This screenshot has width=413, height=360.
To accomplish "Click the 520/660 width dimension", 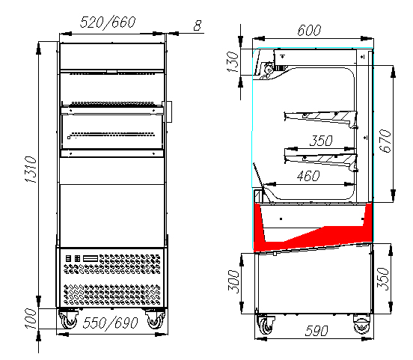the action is (108, 22).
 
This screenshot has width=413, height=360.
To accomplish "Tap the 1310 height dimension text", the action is (31, 169).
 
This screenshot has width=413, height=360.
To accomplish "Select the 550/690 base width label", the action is (111, 323).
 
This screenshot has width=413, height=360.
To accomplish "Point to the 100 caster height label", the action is (31, 319).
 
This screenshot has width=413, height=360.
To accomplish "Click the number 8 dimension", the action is (198, 25).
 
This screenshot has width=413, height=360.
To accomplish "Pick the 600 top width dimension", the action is (309, 30).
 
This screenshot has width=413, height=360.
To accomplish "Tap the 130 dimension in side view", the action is (233, 62).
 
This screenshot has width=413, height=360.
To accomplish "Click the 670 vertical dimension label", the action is (385, 141).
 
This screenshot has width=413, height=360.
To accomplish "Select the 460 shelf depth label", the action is (308, 176).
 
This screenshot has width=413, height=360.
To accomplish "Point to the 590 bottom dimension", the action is (316, 331).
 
